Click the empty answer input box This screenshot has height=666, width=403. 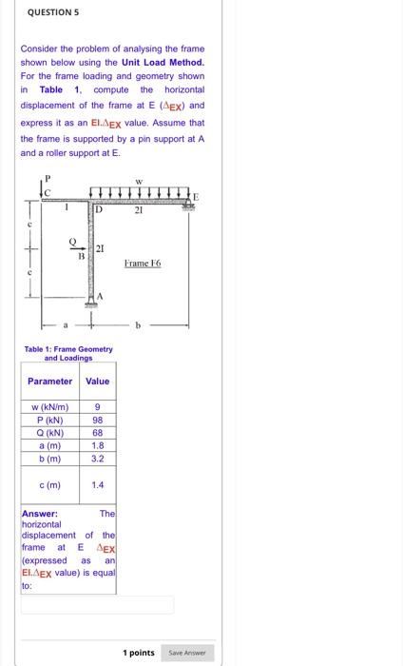point(98,604)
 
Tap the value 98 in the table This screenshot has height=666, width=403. point(98,421)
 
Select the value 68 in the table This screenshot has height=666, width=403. point(98,432)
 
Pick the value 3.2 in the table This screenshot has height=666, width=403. point(98,458)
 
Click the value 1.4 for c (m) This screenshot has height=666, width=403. point(98,484)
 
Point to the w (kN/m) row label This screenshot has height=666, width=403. point(49,408)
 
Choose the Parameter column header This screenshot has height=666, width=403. point(49,381)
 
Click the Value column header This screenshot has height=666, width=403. point(98,381)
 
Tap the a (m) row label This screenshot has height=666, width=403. point(49,444)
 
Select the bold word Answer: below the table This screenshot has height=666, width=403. point(39,513)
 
